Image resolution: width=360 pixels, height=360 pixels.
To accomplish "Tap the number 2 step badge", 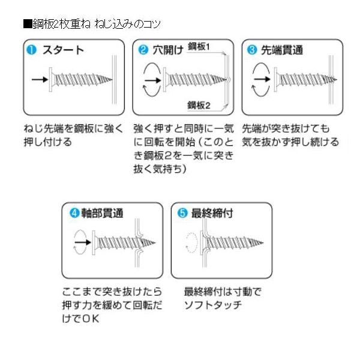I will coord(143,50).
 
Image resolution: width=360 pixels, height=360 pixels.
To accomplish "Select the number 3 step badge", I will coord(252,50).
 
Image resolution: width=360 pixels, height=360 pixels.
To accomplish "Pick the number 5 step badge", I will coord(182,212).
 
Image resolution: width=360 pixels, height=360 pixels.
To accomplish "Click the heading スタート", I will coord(62,50).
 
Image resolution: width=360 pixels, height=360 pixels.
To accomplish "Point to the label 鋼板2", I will coord(199,105).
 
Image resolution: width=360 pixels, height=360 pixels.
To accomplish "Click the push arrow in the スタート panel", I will coord(37,79).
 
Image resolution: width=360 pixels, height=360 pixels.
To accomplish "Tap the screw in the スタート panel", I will coord(79,79).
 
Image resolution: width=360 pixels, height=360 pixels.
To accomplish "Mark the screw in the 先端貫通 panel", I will coord(300,79).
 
